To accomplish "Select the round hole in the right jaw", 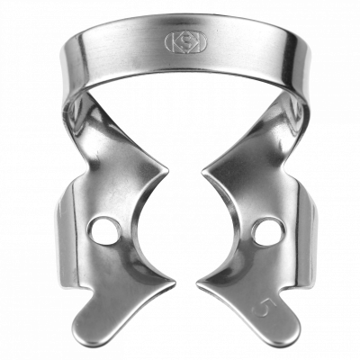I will coord(265,231).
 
